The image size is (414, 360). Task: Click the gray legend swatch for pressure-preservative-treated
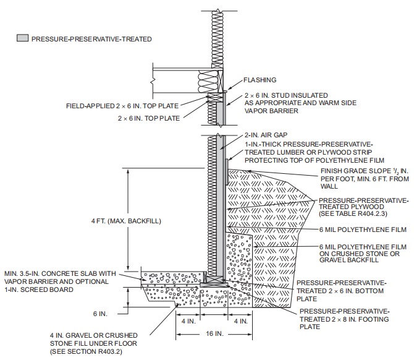(x=22, y=38)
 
